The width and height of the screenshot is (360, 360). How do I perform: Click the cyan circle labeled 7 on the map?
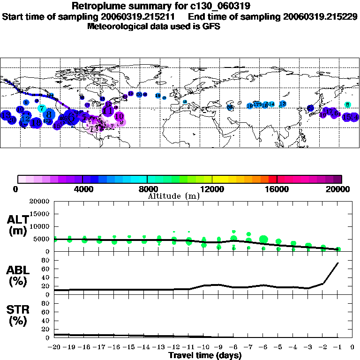coord(42,108)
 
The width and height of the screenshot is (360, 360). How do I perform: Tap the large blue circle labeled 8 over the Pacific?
coord(49,114)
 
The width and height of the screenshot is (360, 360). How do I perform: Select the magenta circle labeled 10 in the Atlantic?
coord(119,116)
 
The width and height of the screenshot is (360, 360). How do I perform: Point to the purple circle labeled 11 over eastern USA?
coord(108,111)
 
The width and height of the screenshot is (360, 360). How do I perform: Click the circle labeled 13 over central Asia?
coord(283,104)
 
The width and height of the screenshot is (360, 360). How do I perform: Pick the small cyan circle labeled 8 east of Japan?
coord(347,105)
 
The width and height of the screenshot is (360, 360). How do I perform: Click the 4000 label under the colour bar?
coord(82,189)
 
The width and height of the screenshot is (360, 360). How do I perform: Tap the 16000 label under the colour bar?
coord(277,189)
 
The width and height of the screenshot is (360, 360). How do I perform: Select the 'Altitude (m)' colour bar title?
coord(173,195)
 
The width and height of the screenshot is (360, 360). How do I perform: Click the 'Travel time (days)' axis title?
coord(205,355)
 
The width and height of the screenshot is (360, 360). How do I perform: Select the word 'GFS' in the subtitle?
coord(211,26)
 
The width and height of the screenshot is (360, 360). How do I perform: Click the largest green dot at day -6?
coord(263,240)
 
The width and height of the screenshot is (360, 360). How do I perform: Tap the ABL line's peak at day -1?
coord(338,263)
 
